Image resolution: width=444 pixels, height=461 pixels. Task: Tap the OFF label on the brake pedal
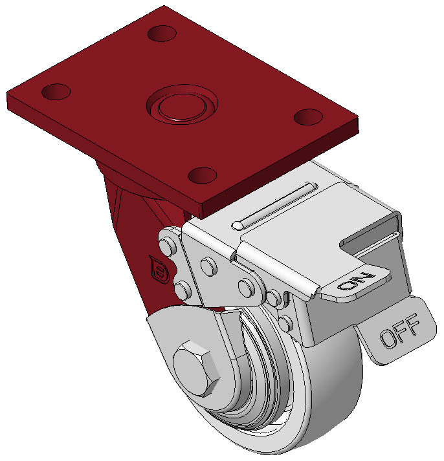pos(399,330)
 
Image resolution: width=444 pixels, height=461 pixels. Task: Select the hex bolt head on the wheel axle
pos(196,369)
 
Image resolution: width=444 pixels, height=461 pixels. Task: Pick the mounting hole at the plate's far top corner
pos(162,34)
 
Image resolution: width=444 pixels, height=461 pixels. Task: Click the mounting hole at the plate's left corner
pos(56,92)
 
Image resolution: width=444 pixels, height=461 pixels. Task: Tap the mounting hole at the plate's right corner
pos(308,117)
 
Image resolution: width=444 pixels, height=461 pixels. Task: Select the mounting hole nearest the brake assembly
pos(203,175)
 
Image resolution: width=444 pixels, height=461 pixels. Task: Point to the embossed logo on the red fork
pos(159,270)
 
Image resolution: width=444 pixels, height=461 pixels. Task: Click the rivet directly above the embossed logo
pos(168,246)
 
